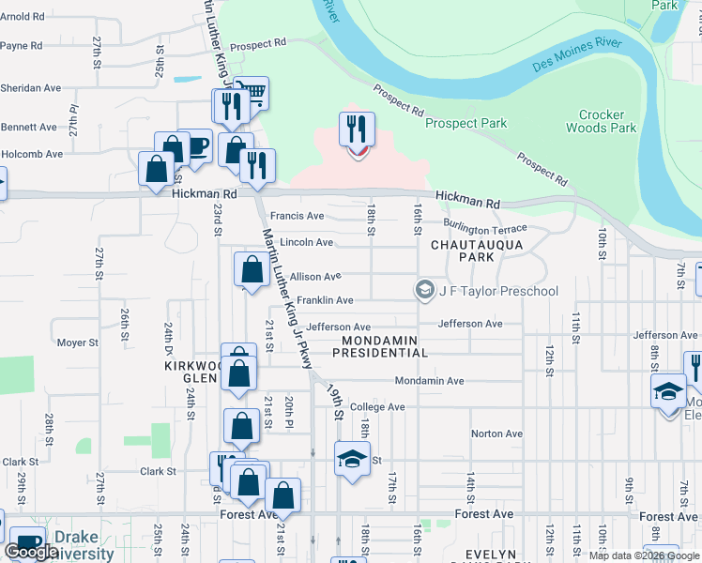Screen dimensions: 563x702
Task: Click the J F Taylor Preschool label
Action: pos(498,291)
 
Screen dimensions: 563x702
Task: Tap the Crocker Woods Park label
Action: pos(602,121)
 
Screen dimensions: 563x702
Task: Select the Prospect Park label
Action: pos(465,123)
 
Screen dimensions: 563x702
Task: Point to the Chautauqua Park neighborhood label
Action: pos(463,250)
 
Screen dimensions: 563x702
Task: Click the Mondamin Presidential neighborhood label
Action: pos(385,346)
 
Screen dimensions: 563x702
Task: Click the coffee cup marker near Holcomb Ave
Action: pos(194,146)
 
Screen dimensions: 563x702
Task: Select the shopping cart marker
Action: pos(251,94)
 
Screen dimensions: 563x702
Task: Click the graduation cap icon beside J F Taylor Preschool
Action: pos(426,290)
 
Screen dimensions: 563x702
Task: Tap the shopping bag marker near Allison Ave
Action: pos(252,270)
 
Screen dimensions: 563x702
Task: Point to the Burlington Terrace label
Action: pos(485,229)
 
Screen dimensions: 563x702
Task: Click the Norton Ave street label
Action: pos(496,434)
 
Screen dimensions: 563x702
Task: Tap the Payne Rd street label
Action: pos(22,45)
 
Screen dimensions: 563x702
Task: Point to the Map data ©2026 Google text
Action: pos(644,555)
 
